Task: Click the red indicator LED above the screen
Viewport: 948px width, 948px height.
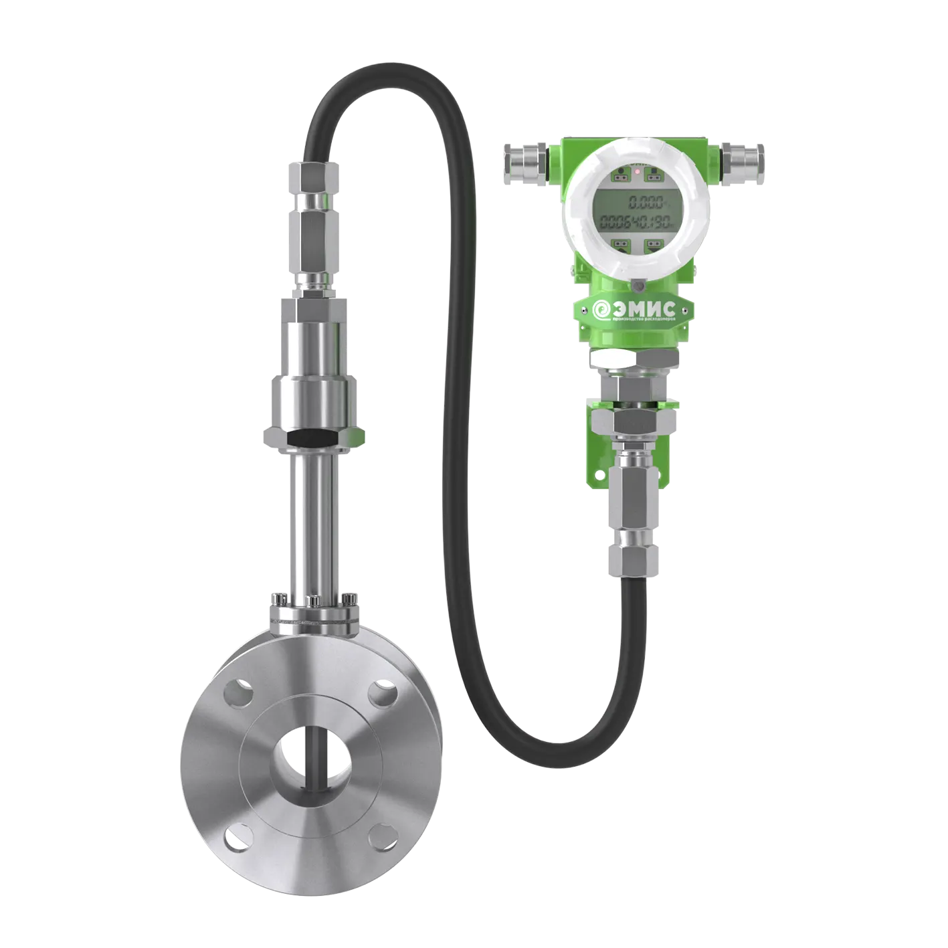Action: (x=638, y=173)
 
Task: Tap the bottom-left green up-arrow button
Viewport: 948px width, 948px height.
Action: (x=620, y=246)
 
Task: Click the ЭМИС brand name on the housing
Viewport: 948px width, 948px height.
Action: (x=645, y=308)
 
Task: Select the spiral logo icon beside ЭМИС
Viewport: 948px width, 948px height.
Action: (x=600, y=309)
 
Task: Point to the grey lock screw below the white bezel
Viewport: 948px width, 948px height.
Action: (x=638, y=286)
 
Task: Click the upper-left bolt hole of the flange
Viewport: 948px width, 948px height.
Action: (x=236, y=694)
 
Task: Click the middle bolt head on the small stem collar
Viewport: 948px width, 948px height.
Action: (x=312, y=599)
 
